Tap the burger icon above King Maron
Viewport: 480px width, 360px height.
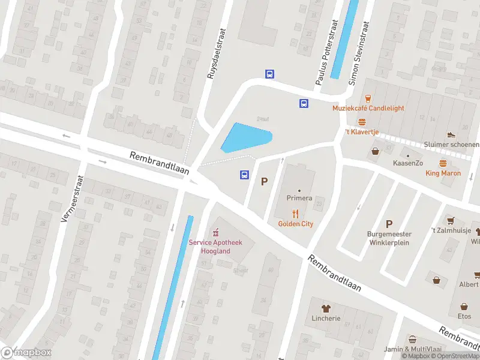pyautogui.click(x=443, y=163)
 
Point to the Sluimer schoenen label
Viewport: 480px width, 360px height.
pyautogui.click(x=451, y=145)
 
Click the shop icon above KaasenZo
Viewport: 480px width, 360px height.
pyautogui.click(x=376, y=151)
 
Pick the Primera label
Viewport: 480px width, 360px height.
pyautogui.click(x=299, y=198)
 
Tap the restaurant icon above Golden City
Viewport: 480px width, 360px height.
pyautogui.click(x=295, y=213)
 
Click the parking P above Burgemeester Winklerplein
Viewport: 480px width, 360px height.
pyautogui.click(x=388, y=223)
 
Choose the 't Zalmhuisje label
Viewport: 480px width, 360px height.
pyautogui.click(x=449, y=230)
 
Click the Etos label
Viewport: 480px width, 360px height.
pyautogui.click(x=464, y=316)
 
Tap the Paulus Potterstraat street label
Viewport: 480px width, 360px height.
pyautogui.click(x=326, y=52)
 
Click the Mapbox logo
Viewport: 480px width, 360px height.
pyautogui.click(x=26, y=353)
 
